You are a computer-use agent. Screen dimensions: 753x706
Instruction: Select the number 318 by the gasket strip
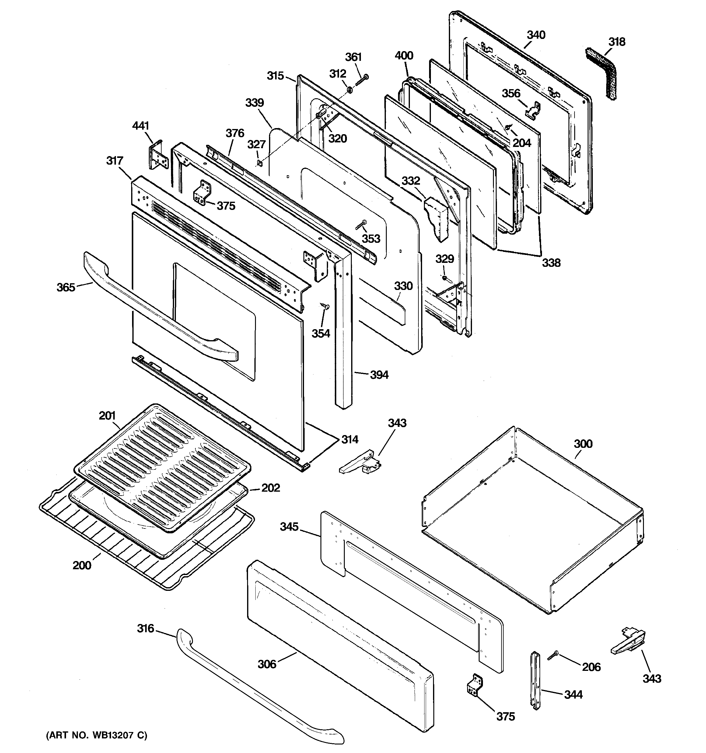click(x=617, y=42)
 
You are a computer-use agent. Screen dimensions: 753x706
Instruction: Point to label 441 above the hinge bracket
click(x=140, y=125)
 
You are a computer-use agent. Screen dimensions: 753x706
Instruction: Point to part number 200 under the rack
click(x=82, y=566)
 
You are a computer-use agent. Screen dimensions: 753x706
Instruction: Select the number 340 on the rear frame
click(x=536, y=35)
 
